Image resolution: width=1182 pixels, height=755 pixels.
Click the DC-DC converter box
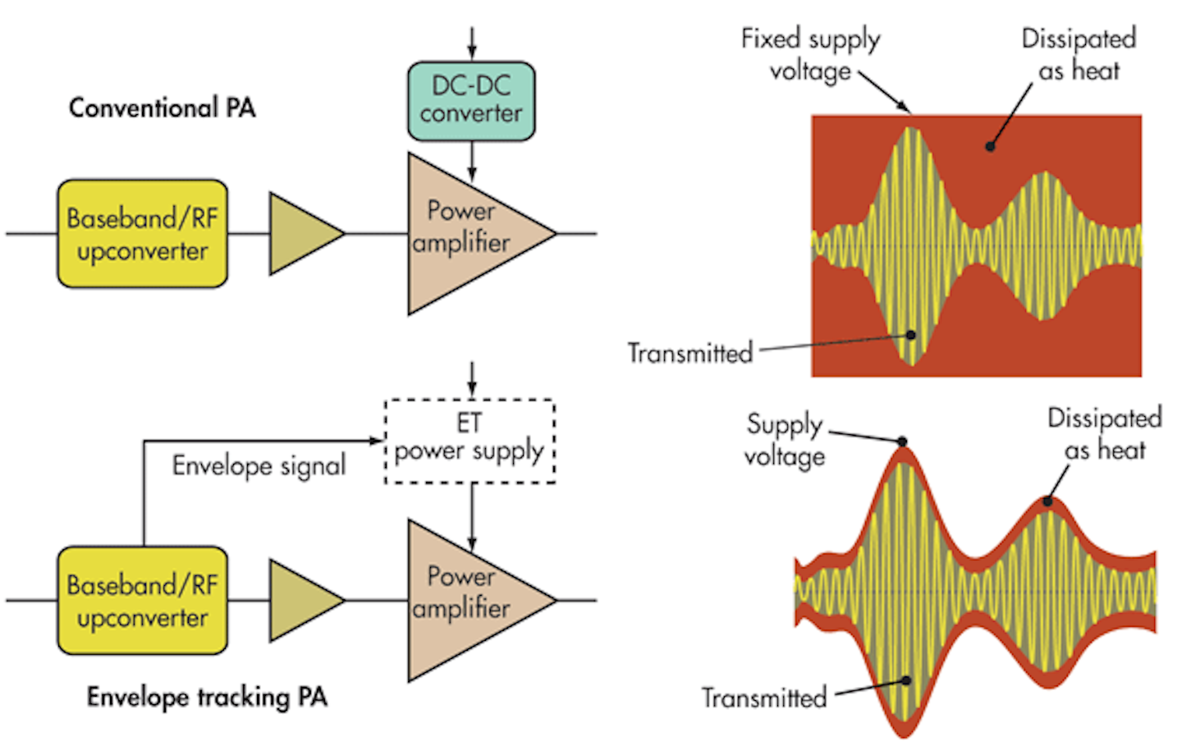471,100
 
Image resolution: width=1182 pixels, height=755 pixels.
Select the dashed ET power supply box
470,441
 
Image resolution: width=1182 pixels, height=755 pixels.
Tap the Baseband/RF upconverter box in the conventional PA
142,234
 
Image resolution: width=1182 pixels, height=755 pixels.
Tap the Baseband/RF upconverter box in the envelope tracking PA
142,601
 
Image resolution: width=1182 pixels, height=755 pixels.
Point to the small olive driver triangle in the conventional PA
300,234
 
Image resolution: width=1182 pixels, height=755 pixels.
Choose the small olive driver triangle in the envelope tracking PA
300,601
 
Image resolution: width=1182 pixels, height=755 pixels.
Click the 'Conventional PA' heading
162,108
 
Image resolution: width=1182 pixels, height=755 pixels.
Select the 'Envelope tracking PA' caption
207,698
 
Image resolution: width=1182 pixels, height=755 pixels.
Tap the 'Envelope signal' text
259,466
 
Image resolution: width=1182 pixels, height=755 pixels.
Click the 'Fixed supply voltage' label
810,54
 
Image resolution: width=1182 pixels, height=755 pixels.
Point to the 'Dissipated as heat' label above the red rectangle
1079,54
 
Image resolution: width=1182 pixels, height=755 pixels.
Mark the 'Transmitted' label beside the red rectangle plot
689,353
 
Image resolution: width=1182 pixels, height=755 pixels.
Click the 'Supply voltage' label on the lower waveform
784,440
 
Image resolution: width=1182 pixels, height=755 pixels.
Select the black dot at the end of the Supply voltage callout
902,442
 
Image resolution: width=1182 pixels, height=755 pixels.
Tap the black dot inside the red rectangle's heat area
990,147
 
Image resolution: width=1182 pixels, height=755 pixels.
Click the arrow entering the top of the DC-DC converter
471,43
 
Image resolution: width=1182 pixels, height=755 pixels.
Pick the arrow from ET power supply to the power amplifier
471,517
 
